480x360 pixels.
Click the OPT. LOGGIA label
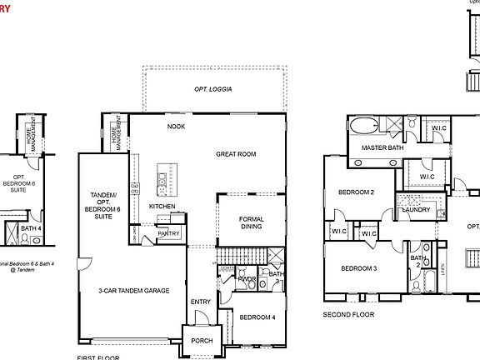click(x=214, y=88)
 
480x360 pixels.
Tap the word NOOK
click(x=176, y=127)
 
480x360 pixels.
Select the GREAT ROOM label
click(x=236, y=154)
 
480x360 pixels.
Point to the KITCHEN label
click(x=162, y=206)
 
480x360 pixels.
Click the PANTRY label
click(x=168, y=234)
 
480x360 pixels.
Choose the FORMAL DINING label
click(x=251, y=223)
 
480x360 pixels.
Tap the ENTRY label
click(x=201, y=302)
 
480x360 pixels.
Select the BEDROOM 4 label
click(x=257, y=317)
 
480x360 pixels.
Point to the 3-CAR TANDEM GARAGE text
click(x=133, y=291)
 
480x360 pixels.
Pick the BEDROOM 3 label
click(x=358, y=268)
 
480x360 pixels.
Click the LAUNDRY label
click(x=415, y=210)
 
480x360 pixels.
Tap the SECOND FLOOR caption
click(x=348, y=315)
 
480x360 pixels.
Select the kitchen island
click(x=162, y=178)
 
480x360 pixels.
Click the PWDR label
click(x=246, y=279)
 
